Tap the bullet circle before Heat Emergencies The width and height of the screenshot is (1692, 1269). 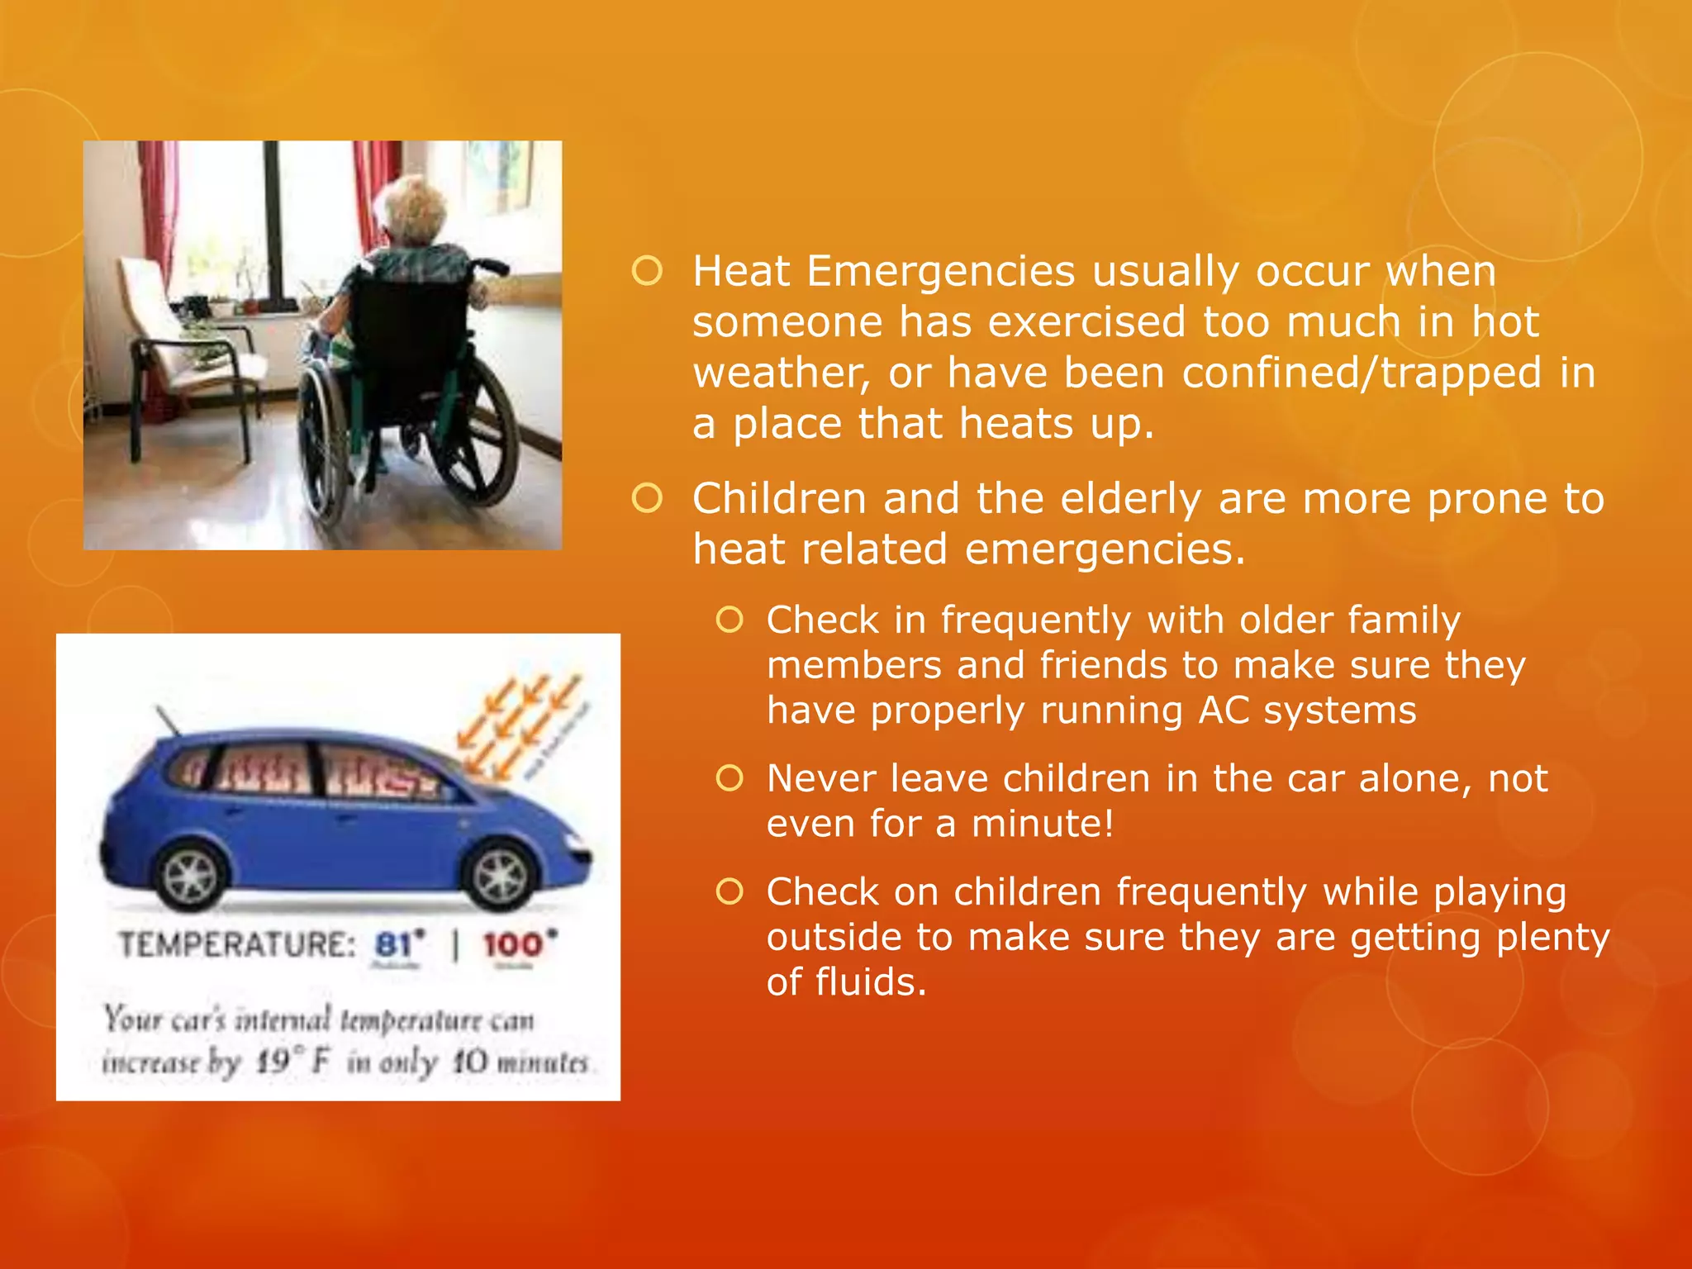tap(647, 271)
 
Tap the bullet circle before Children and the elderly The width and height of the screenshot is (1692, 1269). tap(647, 498)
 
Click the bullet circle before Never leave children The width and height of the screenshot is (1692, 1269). tap(730, 778)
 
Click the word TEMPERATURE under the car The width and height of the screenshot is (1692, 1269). tap(236, 944)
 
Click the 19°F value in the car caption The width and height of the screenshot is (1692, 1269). tap(292, 1062)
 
